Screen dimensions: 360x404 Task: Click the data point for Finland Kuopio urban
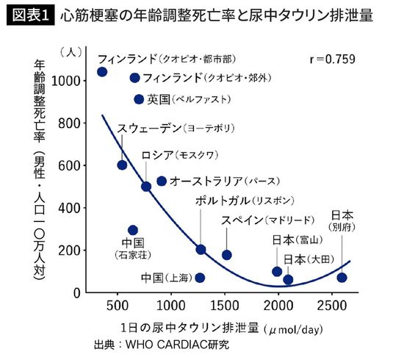(x=102, y=72)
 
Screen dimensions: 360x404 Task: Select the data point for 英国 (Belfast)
(x=139, y=99)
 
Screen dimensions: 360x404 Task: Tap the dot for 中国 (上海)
(x=200, y=278)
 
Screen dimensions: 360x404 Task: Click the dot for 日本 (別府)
(x=342, y=278)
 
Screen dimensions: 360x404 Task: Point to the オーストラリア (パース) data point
(x=162, y=181)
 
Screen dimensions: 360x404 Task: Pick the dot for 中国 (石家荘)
(x=133, y=231)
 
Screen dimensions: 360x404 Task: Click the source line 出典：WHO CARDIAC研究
(x=162, y=344)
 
